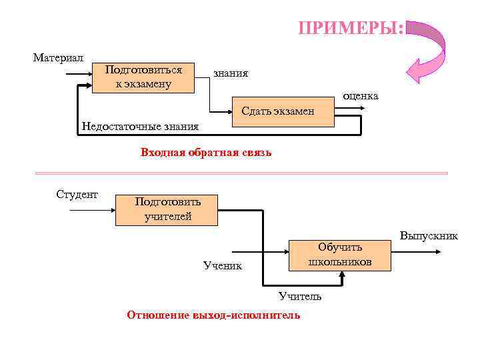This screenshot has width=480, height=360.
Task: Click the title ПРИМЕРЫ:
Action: point(351,28)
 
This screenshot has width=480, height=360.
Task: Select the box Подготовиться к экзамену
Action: point(143,77)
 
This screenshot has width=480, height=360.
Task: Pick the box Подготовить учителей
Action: point(167,209)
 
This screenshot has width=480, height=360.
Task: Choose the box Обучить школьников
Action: point(339,255)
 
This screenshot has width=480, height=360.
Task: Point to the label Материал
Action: point(58,57)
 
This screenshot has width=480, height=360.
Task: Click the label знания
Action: point(231,73)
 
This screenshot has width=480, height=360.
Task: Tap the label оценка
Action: point(361,96)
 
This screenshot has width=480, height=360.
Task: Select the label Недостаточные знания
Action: point(140,126)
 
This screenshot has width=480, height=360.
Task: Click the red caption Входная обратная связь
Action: point(206,153)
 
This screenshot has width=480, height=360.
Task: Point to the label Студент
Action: point(77,195)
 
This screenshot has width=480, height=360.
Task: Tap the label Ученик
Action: point(223,267)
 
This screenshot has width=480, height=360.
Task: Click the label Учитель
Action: point(300,296)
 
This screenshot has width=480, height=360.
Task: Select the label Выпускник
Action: point(429,236)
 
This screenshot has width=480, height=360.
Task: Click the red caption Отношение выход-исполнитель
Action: point(213,315)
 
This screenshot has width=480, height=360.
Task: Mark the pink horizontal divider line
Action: point(240,173)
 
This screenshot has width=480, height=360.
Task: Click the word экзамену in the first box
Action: point(143,84)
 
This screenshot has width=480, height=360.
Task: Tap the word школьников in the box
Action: point(339,262)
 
